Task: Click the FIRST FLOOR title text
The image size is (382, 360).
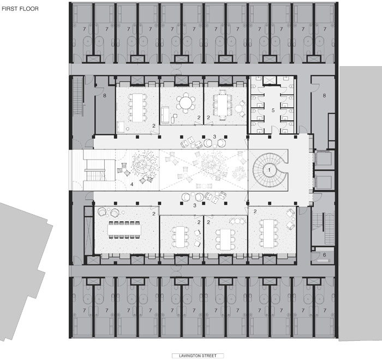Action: (x=20, y=9)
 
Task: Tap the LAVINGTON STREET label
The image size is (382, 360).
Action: (x=198, y=356)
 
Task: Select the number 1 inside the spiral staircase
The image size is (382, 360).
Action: (x=269, y=170)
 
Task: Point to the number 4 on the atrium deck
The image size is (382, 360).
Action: (x=132, y=184)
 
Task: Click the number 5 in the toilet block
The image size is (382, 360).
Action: (x=273, y=110)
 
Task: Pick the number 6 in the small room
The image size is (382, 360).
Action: (x=324, y=255)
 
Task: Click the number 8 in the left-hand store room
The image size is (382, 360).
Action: (x=105, y=96)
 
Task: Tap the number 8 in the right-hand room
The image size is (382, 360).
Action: (x=324, y=96)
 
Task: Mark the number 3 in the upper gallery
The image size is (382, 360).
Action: (x=214, y=137)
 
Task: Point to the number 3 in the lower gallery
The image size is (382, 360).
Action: (x=195, y=205)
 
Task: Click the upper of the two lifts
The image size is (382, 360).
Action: (x=323, y=158)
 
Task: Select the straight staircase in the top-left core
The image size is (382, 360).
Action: (x=79, y=96)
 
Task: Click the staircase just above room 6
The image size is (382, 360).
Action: (x=323, y=228)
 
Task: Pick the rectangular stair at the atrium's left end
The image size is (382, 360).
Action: (x=95, y=170)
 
